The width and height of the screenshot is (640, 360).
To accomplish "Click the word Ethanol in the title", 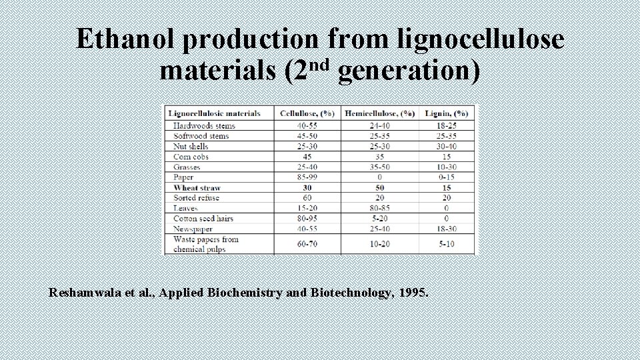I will [126, 39].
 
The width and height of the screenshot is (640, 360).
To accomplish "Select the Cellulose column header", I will [307, 113].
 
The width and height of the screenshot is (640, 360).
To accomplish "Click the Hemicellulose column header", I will [379, 113].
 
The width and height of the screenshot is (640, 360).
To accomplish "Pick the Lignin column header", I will [446, 113].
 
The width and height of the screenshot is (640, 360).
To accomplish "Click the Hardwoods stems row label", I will [204, 125].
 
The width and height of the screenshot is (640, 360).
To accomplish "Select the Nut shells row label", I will [191, 146].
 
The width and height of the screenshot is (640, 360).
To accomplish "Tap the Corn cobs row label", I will [191, 157].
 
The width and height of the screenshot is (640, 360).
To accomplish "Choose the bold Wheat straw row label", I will [197, 187].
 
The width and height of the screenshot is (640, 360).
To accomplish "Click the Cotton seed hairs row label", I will [203, 218].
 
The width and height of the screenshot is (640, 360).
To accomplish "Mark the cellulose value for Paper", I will [307, 177].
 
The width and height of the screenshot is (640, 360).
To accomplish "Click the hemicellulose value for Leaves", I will [379, 208].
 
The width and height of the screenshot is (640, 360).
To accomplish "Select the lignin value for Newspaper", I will [446, 229].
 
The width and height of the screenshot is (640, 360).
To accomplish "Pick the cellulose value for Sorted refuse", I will [307, 198].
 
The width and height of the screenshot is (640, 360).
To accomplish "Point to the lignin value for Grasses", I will [446, 167].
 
